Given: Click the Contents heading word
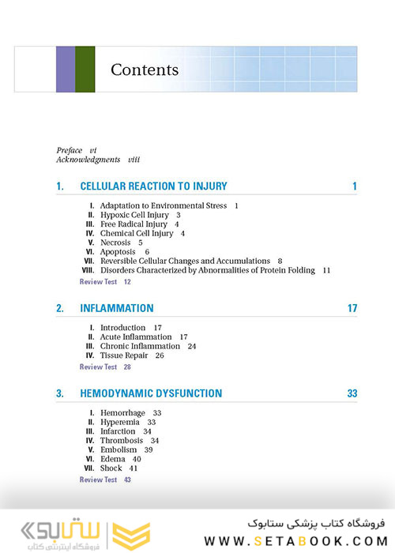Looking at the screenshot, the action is pyautogui.click(x=145, y=70).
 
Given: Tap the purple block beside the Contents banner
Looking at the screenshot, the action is pyautogui.click(x=66, y=70).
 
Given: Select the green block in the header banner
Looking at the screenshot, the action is pyautogui.click(x=85, y=70).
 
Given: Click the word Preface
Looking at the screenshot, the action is pyautogui.click(x=70, y=149).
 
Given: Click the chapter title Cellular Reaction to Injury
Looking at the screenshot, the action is pyautogui.click(x=153, y=186).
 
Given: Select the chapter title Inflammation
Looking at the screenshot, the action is pyautogui.click(x=117, y=308).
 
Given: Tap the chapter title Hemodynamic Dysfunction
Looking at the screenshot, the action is pyautogui.click(x=151, y=393).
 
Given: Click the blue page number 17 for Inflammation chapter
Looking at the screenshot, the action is pyautogui.click(x=352, y=308).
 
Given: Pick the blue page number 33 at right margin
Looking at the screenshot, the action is pyautogui.click(x=352, y=393).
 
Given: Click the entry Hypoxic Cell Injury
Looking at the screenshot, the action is pyautogui.click(x=134, y=215).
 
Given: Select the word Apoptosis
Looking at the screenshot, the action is pyautogui.click(x=118, y=252).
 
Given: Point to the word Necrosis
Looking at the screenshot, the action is pyautogui.click(x=116, y=243).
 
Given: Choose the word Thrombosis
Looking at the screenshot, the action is pyautogui.click(x=122, y=441).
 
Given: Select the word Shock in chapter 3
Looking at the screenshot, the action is pyautogui.click(x=111, y=468).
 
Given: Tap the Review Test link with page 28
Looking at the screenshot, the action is pyautogui.click(x=99, y=367).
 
